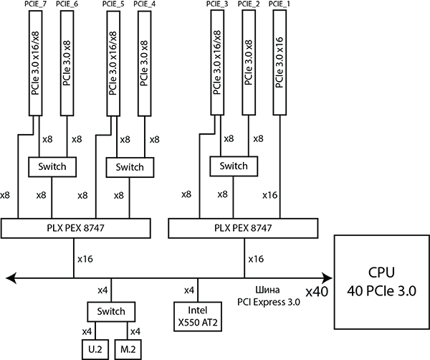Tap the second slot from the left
tap(67, 63)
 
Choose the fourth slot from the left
tap(145, 63)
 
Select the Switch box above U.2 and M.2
tap(111, 312)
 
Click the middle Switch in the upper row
tap(130, 167)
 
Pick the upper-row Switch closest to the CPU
tap(234, 166)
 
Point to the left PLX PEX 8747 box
tap(76, 228)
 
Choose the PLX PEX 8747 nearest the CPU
tap(243, 228)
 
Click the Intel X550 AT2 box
tap(197, 316)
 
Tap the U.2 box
tap(95, 349)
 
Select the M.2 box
tap(128, 349)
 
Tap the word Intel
tap(197, 311)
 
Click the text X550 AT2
tap(197, 323)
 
